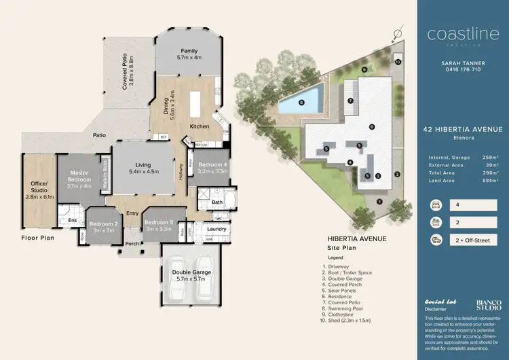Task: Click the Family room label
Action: point(189,52)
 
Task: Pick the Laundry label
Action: point(217,228)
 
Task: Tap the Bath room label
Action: point(217,202)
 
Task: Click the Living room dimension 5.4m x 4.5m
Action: point(143,173)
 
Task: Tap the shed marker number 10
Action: point(398,62)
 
